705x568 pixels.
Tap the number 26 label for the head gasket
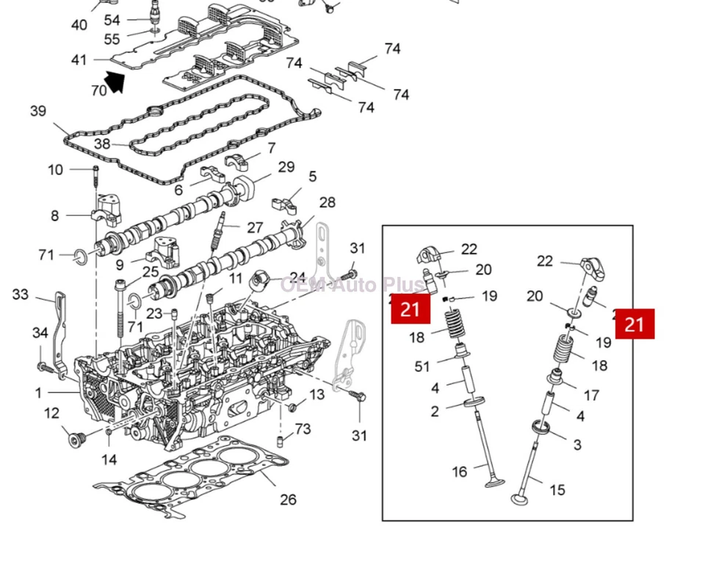click(x=288, y=500)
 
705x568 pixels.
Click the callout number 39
click(x=38, y=111)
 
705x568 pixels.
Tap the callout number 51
click(x=422, y=367)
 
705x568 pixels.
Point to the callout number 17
click(x=591, y=395)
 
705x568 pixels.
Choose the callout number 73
click(x=303, y=429)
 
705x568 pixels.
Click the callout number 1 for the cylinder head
click(x=38, y=393)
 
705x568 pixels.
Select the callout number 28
click(x=327, y=202)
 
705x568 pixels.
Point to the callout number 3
click(x=576, y=445)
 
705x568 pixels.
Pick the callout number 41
click(x=79, y=60)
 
